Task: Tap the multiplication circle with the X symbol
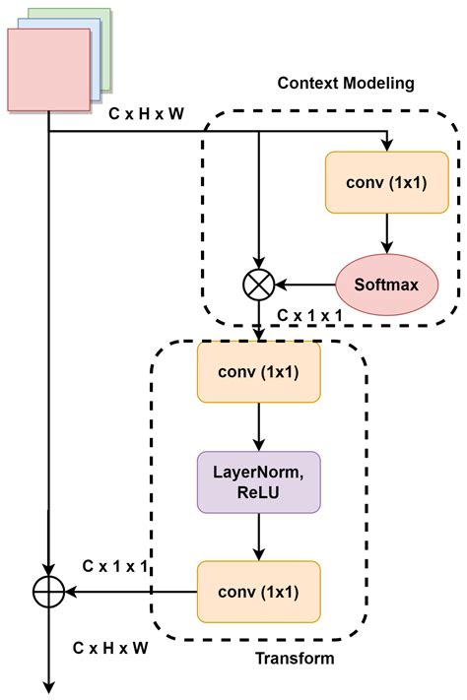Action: pyautogui.click(x=258, y=286)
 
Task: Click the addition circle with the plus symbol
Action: pyautogui.click(x=48, y=591)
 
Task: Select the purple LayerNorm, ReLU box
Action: pyautogui.click(x=258, y=482)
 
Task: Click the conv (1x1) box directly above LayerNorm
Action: pyautogui.click(x=258, y=372)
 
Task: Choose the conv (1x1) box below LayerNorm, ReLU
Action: pyautogui.click(x=258, y=591)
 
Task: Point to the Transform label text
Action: pyautogui.click(x=295, y=658)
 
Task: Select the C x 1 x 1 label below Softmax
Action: pyautogui.click(x=309, y=314)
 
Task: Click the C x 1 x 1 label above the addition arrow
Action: pyautogui.click(x=115, y=566)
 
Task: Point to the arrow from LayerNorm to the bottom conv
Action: pyautogui.click(x=258, y=537)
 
